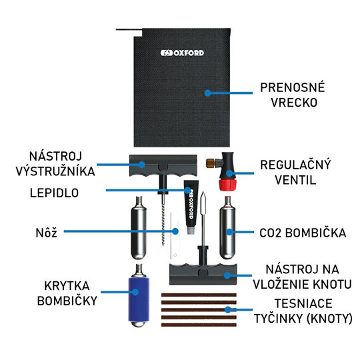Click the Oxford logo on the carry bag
(182, 53)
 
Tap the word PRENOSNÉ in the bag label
(292, 87)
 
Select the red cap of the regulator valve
(227, 185)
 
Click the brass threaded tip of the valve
(211, 163)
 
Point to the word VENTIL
(295, 180)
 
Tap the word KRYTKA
(67, 286)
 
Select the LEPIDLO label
(54, 193)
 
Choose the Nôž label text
(47, 233)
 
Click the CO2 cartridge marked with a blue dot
(227, 228)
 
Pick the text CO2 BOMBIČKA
(303, 233)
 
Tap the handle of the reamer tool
(163, 165)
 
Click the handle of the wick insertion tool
(203, 275)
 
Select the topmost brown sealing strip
(199, 295)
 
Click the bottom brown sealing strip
(199, 325)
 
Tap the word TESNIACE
(303, 303)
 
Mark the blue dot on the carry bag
(207, 93)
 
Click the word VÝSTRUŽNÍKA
(55, 171)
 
